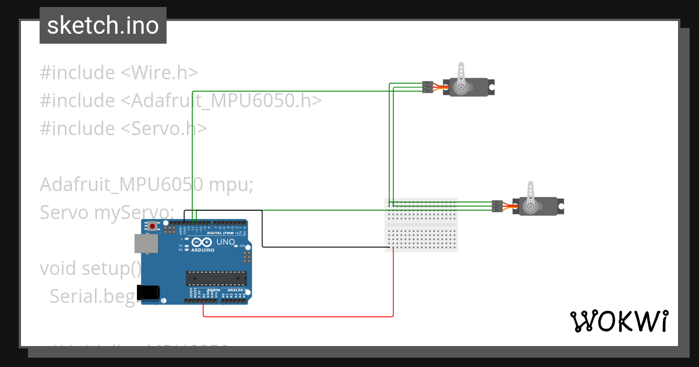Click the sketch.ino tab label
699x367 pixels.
coord(103,26)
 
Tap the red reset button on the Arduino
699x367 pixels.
coord(153,226)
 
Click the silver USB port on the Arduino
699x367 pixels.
coord(146,244)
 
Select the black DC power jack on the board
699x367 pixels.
coord(146,292)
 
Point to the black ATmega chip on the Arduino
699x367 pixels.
coord(216,278)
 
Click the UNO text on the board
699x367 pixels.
coord(225,242)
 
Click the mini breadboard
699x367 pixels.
coord(421,225)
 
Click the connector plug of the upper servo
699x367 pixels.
coord(428,87)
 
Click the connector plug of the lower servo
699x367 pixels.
coord(497,206)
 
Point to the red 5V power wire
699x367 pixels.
coord(297,317)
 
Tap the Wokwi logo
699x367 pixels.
coord(618,321)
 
